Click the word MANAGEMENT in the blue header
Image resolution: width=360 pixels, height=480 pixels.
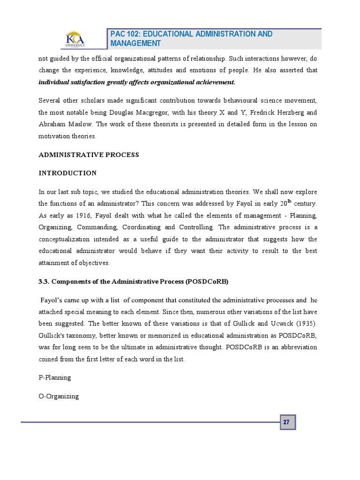136,44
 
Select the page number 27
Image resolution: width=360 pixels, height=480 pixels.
287,422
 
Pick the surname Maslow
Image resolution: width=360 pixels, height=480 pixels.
84,124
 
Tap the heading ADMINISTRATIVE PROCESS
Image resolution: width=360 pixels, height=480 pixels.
89,155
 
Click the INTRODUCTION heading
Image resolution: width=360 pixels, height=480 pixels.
67,173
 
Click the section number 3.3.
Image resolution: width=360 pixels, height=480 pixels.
44,281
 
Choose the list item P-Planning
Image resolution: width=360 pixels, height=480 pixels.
54,377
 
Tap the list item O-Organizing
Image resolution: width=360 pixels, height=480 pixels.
59,396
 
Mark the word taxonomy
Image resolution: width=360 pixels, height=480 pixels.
80,335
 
